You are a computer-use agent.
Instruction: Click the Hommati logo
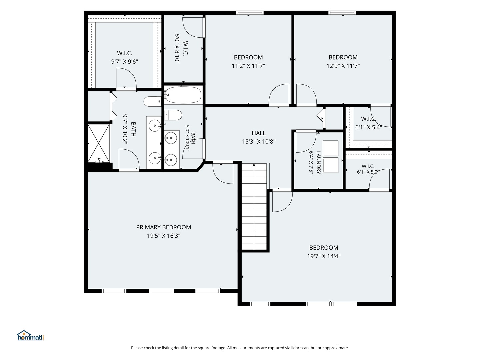coord(30,335)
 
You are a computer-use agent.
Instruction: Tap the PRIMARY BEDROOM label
coord(163,227)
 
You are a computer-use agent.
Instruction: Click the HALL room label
coord(258,133)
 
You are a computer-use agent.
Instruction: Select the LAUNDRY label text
coord(318,162)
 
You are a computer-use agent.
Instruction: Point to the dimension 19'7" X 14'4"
coord(324,256)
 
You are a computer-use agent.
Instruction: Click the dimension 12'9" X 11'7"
coord(343,66)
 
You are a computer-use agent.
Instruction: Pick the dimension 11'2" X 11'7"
coord(248,66)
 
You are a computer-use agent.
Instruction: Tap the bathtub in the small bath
coord(183,95)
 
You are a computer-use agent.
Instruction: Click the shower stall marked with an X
coord(99,143)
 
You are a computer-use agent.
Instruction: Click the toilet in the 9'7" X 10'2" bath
coord(152,101)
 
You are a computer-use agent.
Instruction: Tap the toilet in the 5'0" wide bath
coord(173,115)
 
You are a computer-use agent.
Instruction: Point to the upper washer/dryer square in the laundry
coord(330,148)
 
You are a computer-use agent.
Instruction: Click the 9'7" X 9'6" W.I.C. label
coord(124,57)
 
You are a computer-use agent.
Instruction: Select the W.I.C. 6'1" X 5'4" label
coord(368,123)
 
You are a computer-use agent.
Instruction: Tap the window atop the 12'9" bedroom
coord(342,13)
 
